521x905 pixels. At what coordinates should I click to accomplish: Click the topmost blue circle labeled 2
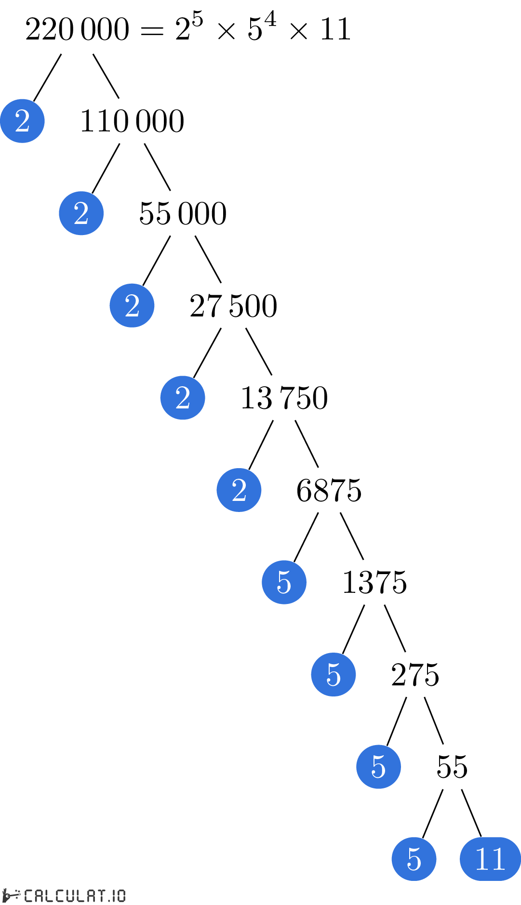click(22, 121)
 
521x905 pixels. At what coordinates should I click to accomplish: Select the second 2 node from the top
click(81, 213)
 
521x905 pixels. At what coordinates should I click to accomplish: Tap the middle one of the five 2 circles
click(132, 305)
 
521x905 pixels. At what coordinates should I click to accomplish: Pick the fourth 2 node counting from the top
click(183, 398)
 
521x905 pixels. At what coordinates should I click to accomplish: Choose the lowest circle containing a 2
click(239, 490)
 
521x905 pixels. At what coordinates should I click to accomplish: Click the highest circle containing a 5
click(284, 582)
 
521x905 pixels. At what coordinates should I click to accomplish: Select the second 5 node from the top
click(334, 674)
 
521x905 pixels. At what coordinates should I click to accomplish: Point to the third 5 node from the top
click(378, 767)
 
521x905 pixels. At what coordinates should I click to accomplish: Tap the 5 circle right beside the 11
click(414, 859)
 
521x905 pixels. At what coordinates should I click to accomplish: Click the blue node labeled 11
click(490, 859)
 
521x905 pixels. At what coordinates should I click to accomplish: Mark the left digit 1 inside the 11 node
click(482, 859)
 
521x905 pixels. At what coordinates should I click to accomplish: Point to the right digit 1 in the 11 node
click(498, 859)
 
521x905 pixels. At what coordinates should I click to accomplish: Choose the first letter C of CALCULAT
click(28, 895)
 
